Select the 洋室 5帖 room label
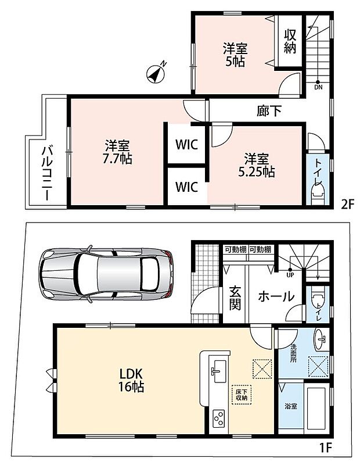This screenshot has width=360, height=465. click(235, 55)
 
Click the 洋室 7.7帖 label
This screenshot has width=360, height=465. click(117, 152)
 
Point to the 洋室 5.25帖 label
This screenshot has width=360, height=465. click(257, 165)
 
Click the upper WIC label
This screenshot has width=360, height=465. click(186, 145)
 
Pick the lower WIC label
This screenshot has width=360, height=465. click(186, 187)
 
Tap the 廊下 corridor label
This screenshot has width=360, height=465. click(269, 111)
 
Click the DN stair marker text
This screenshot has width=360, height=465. click(318, 88)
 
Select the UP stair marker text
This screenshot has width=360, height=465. click(290, 275)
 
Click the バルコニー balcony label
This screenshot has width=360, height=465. click(48, 173)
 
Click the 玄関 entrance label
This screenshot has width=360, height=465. click(235, 298)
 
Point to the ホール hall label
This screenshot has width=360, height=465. click(276, 296)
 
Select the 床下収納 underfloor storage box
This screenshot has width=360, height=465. click(242, 395)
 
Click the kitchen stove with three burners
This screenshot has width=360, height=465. click(219, 419)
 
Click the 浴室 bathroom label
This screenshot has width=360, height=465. click(291, 406)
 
